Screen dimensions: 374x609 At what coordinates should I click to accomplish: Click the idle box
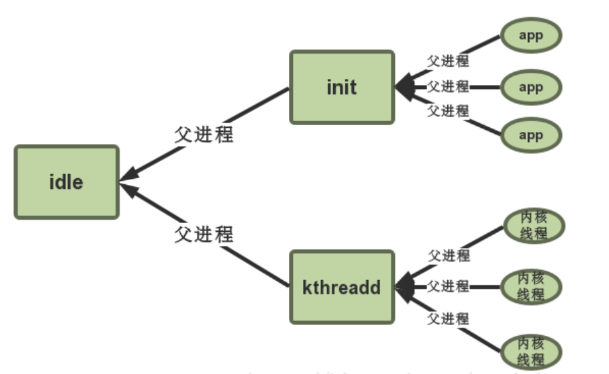pos(66,182)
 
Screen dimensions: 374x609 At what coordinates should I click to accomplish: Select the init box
pos(341,87)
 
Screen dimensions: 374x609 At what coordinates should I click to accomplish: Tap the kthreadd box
pos(341,286)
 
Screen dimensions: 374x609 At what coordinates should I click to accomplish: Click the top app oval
pos(531,35)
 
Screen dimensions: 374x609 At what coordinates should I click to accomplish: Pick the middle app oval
pos(531,87)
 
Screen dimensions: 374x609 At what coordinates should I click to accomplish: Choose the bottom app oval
pos(531,135)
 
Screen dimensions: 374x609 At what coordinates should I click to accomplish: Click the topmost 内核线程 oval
pos(532,226)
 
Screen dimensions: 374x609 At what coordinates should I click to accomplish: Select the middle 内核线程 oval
pos(532,286)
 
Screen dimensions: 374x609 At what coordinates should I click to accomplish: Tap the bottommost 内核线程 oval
pos(532,350)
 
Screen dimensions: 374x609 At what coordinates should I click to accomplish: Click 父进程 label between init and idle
pos(203,135)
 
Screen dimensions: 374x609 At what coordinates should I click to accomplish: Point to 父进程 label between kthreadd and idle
pos(203,235)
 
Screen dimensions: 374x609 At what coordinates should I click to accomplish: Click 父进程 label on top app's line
pos(448,61)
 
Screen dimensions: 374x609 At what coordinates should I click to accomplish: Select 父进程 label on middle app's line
pos(448,86)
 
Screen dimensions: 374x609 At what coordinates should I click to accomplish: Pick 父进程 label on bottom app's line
pos(448,110)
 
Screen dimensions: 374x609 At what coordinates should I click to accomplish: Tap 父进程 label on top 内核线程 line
pos(449,256)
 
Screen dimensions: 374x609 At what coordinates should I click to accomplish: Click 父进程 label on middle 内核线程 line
pos(449,286)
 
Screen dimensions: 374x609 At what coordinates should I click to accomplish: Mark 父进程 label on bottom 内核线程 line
pos(449,318)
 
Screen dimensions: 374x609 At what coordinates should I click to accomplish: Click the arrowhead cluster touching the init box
pos(406,87)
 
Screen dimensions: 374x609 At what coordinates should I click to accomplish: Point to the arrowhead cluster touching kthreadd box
pos(406,286)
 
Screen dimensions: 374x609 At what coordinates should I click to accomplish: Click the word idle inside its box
pos(66,182)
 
